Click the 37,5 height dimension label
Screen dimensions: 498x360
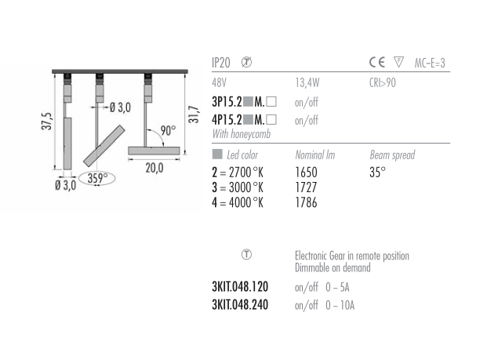(x=47, y=121)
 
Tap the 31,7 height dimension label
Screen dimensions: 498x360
(x=194, y=115)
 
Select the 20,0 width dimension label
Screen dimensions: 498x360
(x=154, y=168)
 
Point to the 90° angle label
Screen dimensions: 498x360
(x=168, y=131)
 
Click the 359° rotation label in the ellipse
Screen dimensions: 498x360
(x=97, y=178)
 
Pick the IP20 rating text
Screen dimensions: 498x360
(x=220, y=63)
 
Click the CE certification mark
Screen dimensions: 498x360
(x=377, y=62)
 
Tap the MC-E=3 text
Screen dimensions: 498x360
(x=430, y=63)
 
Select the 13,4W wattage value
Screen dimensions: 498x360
(x=307, y=83)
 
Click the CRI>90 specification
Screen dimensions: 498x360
(x=383, y=83)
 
